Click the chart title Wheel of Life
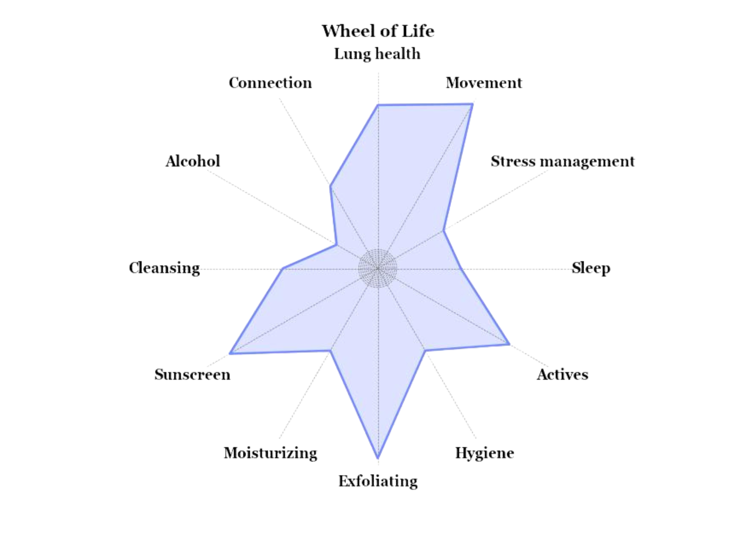[x=378, y=31]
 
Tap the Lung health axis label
[x=377, y=54]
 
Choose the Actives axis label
[x=563, y=375]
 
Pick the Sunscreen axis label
[x=192, y=375]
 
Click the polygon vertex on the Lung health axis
[x=378, y=104]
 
